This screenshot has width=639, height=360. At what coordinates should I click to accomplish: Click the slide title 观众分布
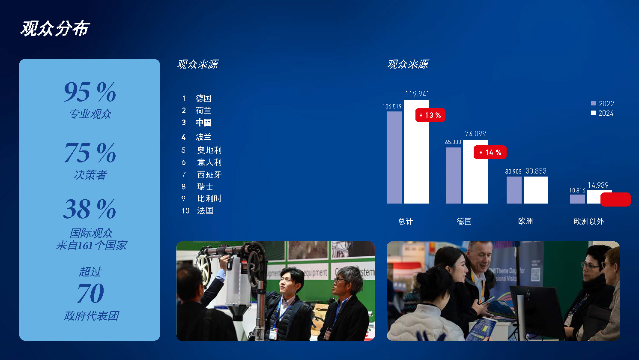[55, 28]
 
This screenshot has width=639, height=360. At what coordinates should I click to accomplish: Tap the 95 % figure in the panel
[90, 92]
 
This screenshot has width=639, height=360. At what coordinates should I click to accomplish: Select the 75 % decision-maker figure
[90, 153]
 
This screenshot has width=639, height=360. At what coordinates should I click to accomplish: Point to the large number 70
[90, 293]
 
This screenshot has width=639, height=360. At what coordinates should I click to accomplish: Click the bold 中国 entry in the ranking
[203, 123]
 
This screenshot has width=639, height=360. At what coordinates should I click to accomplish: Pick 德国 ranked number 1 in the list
[203, 98]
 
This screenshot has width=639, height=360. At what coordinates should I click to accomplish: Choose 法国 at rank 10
[205, 210]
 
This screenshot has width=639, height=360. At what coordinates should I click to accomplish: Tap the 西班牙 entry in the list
[209, 174]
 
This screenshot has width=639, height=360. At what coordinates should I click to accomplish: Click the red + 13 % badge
[430, 115]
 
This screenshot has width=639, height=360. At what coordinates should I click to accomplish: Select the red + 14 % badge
[490, 152]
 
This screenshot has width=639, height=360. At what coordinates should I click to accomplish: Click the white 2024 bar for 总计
[416, 154]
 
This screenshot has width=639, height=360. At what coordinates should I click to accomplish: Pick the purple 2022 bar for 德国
[453, 176]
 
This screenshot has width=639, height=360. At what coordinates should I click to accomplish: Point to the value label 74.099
[475, 134]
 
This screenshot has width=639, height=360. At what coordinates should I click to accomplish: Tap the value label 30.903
[513, 171]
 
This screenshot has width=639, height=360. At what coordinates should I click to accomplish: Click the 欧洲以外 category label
[588, 221]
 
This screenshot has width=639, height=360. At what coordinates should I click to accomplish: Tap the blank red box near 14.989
[615, 199]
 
